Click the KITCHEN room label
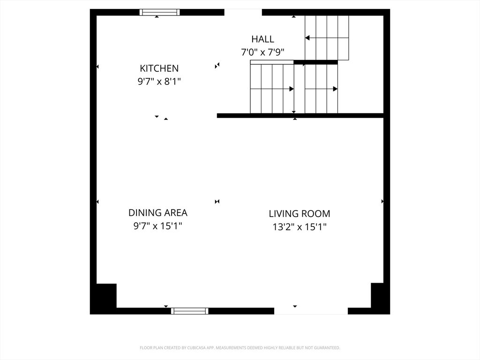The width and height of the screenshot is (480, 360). (159, 68)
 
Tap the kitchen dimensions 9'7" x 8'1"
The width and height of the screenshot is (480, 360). (159, 82)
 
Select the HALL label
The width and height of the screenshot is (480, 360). (262, 39)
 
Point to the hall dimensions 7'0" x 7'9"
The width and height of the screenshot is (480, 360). (262, 52)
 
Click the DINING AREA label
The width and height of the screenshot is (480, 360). (157, 213)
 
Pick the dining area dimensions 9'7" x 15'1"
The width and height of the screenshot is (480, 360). (157, 226)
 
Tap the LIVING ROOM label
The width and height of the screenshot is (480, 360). (300, 214)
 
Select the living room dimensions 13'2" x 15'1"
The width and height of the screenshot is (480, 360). (300, 227)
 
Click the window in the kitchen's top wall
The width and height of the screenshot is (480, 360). (159, 12)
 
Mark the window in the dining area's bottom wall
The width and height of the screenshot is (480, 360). (190, 311)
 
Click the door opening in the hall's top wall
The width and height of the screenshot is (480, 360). (243, 12)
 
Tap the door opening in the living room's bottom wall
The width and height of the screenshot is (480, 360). (311, 311)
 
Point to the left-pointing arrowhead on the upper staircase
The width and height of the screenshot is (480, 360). (307, 38)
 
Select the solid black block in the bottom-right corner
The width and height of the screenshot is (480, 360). (377, 295)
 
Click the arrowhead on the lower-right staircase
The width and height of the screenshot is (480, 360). (335, 89)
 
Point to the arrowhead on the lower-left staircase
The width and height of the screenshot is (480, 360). (292, 89)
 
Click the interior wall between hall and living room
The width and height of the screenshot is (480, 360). (300, 116)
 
